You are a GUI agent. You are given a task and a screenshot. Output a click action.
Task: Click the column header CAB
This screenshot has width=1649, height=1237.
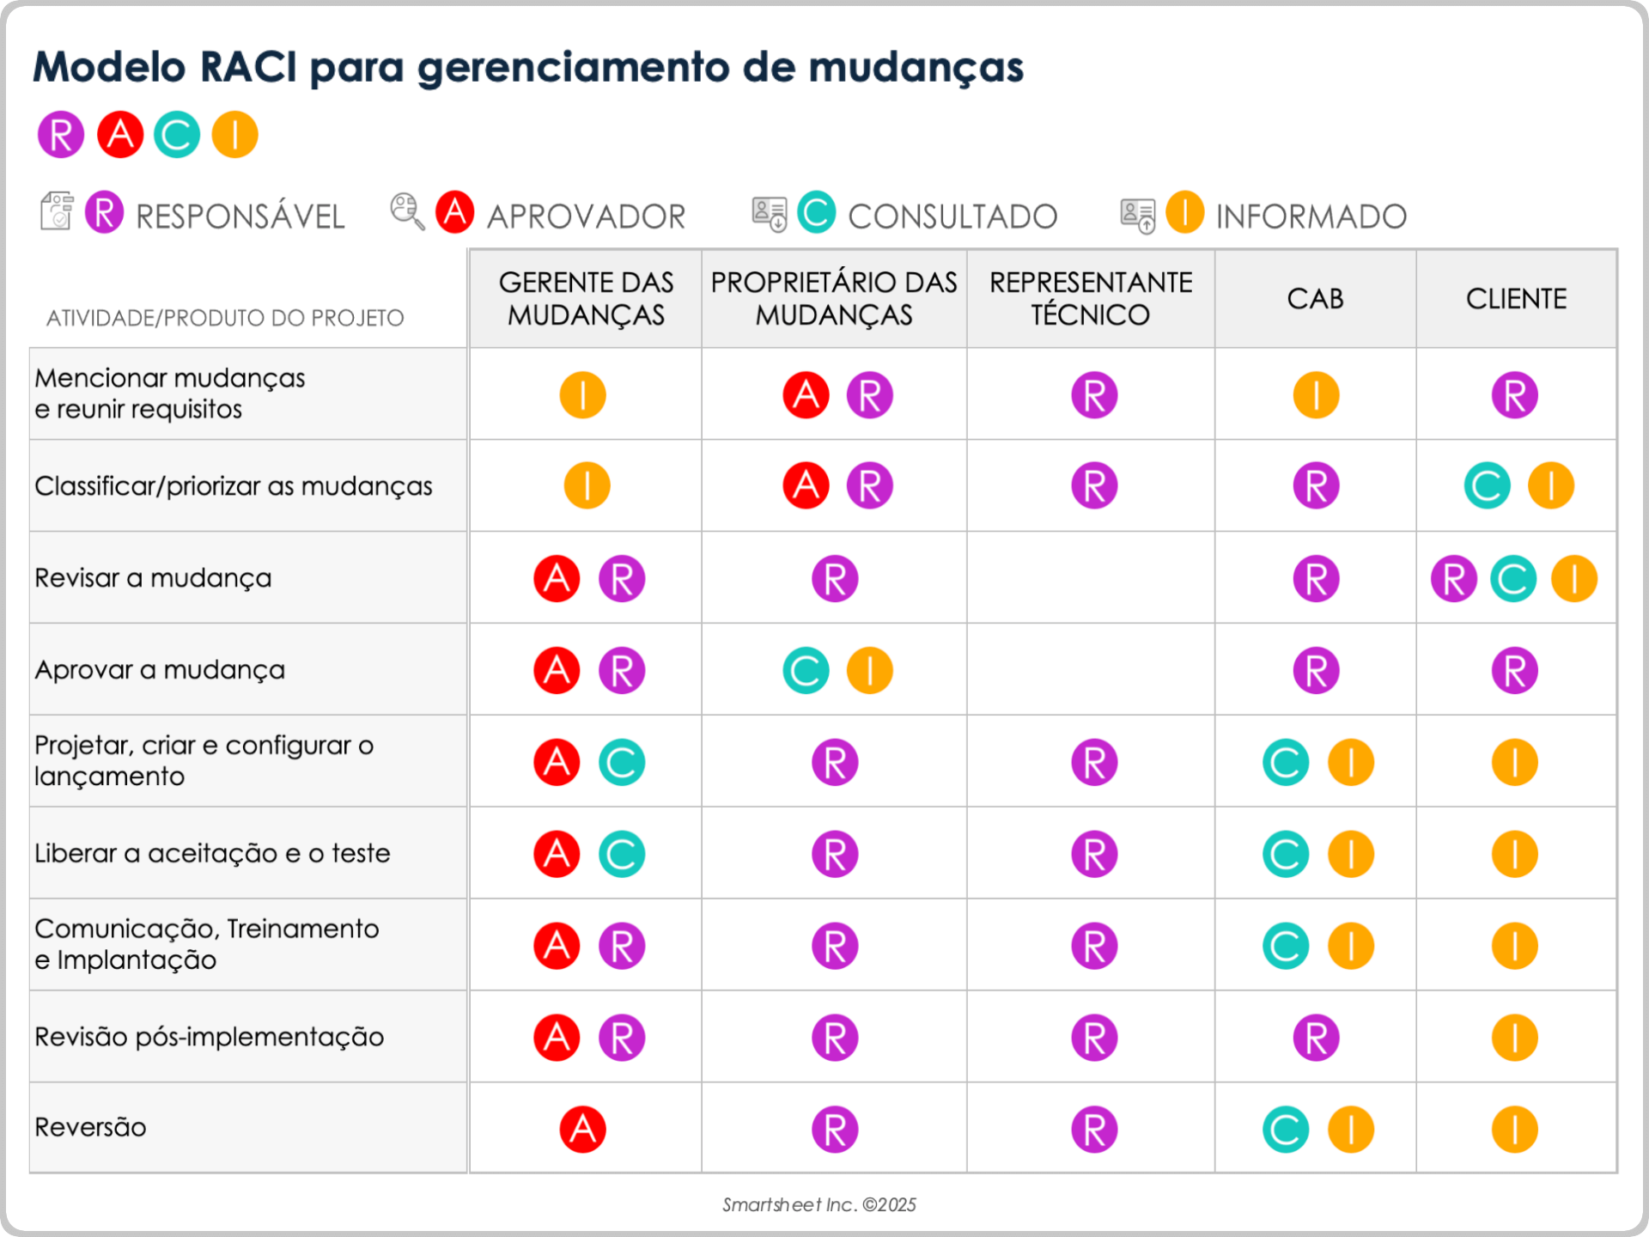pyautogui.click(x=1315, y=299)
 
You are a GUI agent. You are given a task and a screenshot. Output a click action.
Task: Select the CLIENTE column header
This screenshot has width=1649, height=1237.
pyautogui.click(x=1516, y=299)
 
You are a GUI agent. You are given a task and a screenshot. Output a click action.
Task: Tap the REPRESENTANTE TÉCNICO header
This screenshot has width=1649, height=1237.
pyautogui.click(x=1091, y=299)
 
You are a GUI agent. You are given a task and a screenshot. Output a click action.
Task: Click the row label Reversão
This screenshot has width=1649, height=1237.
pyautogui.click(x=90, y=1127)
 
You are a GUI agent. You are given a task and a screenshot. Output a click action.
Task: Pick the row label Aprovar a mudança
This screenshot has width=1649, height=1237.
pyautogui.click(x=160, y=670)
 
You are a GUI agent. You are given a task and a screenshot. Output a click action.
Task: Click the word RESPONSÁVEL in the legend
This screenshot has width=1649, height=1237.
pyautogui.click(x=240, y=216)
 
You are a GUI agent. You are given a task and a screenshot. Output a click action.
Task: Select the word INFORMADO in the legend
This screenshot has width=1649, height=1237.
pyautogui.click(x=1311, y=216)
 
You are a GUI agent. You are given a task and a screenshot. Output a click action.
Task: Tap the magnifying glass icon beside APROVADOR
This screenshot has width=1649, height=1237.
pyautogui.click(x=407, y=211)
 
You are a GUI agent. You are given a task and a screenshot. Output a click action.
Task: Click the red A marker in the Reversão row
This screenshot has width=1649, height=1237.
pyautogui.click(x=582, y=1129)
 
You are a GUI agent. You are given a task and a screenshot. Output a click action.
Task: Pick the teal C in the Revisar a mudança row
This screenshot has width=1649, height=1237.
pyautogui.click(x=1513, y=579)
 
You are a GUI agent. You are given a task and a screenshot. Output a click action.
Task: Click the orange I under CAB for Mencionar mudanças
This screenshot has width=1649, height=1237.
pyautogui.click(x=1316, y=395)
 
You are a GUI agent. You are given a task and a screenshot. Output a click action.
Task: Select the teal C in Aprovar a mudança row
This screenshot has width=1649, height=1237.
pyautogui.click(x=806, y=671)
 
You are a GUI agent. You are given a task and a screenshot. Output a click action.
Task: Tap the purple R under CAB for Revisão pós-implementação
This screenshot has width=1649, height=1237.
pyautogui.click(x=1316, y=1038)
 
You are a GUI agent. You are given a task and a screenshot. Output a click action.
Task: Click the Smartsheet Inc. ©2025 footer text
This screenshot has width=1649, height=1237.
pyautogui.click(x=819, y=1204)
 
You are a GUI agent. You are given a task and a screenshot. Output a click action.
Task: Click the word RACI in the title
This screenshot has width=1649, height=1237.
pyautogui.click(x=248, y=67)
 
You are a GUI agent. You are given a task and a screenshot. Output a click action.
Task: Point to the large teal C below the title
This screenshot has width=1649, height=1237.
pyautogui.click(x=177, y=135)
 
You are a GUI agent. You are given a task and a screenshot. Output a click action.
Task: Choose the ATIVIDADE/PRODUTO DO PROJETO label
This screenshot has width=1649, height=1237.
pyautogui.click(x=225, y=318)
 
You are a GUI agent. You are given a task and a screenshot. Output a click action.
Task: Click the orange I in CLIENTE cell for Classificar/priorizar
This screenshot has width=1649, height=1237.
pyautogui.click(x=1550, y=486)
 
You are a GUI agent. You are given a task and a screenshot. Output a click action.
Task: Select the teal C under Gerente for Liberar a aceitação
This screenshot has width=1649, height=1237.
pyautogui.click(x=621, y=854)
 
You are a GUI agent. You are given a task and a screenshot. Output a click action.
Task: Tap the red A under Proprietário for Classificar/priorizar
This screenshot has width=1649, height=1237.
pyautogui.click(x=806, y=486)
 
